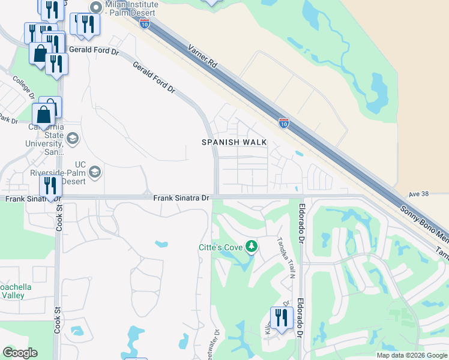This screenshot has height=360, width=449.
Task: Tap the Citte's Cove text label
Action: click(x=219, y=247)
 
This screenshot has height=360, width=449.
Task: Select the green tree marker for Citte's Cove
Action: click(x=252, y=246)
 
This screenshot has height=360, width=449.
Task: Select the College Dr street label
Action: click(x=25, y=88)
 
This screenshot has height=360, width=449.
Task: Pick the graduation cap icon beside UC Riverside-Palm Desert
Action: click(x=94, y=173)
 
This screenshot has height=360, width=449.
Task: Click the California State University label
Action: click(x=46, y=139)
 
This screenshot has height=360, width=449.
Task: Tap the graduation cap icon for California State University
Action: click(x=72, y=139)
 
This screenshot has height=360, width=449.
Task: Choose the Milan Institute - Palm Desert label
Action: click(x=131, y=8)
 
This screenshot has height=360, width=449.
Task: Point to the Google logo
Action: click(x=20, y=353)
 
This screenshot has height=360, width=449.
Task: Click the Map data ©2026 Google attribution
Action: click(x=412, y=355)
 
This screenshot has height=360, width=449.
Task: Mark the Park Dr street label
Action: click(x=8, y=120)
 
